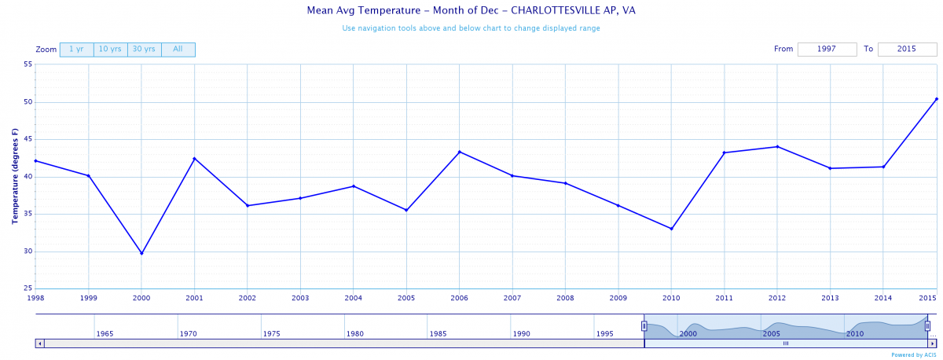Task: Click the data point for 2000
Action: pos(141,253)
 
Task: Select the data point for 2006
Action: pos(460,152)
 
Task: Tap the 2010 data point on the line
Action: pos(671,229)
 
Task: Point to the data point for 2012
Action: pos(777,146)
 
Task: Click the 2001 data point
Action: pos(194,159)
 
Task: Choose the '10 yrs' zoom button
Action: pos(110,50)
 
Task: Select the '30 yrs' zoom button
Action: pos(144,50)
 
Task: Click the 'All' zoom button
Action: pos(178,50)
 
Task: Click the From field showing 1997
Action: pos(827,50)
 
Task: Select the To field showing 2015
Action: pos(907,50)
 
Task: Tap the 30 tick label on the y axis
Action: pos(28,252)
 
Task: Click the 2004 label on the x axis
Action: pos(353,298)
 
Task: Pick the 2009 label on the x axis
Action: pos(618,298)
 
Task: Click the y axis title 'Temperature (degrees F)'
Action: pos(15,177)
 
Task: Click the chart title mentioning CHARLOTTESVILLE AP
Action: pos(471,12)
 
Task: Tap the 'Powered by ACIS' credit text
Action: pos(914,354)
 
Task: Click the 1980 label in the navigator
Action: pos(355,334)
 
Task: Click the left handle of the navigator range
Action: pos(644,325)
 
